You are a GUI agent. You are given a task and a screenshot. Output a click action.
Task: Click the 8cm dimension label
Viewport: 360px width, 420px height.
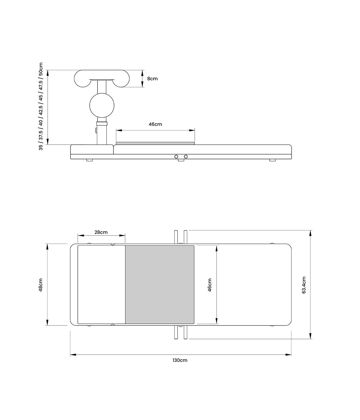point(152,79)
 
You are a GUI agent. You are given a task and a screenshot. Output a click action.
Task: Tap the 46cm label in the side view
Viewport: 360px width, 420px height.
point(155,124)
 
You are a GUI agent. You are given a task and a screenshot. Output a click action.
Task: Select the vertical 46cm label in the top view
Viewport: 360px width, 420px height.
point(210,285)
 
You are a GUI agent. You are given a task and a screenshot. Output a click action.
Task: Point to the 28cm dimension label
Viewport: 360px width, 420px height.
point(101,232)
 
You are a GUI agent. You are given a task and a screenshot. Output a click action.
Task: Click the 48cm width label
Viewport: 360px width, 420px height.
point(41,285)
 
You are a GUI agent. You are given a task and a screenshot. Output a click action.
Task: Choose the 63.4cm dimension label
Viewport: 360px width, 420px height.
point(304,285)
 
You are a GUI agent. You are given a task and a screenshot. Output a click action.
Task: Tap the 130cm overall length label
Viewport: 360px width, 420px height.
point(180,360)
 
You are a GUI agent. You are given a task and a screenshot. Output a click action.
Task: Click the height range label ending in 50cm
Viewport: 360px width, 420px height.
point(41,106)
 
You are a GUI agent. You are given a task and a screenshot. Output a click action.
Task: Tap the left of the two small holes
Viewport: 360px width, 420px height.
point(176,157)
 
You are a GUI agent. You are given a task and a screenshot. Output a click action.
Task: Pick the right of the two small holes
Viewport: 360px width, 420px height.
point(186,157)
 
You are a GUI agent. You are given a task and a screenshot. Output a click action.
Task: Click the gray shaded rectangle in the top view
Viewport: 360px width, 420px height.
point(160,284)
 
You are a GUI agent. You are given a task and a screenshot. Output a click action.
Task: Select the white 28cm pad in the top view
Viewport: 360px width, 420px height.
point(101,284)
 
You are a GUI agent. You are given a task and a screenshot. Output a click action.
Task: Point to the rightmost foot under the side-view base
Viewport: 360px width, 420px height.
point(272,160)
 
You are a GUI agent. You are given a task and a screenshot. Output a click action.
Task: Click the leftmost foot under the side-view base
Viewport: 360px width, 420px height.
point(89,160)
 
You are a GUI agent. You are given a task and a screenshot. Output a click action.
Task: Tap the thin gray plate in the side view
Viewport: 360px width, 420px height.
point(155,143)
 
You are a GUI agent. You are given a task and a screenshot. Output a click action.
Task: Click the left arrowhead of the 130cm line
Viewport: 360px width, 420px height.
point(72,355)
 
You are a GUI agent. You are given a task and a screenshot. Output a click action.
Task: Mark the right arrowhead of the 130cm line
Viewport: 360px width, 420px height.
point(289,355)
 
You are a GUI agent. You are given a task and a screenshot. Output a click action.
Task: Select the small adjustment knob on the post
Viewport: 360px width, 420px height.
point(95,130)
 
